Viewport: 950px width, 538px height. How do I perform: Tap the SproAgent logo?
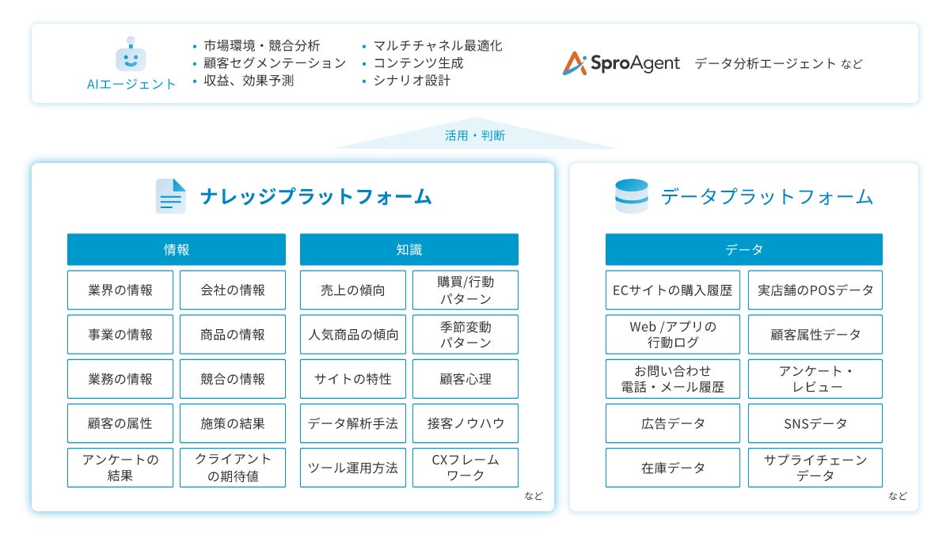point(621,63)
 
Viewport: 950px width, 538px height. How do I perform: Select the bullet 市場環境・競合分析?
point(261,46)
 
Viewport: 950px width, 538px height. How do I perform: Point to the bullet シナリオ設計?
point(412,81)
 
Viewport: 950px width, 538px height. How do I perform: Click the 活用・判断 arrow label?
point(475,136)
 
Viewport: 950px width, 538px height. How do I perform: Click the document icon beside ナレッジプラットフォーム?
point(171,196)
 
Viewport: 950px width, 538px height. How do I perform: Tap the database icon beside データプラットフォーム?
point(631,196)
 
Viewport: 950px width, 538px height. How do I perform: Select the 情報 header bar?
point(176,249)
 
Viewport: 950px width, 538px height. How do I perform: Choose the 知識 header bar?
point(408,249)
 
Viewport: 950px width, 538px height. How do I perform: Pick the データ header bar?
point(743,249)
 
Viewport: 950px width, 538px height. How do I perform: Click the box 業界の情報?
point(120,290)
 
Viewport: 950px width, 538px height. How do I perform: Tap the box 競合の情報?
point(233,379)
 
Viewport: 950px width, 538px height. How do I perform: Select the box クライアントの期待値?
point(233,468)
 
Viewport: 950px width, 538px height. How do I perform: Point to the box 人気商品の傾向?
point(353,335)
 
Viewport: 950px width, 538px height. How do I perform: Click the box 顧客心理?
point(465,379)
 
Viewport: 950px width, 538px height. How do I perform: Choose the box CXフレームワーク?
point(465,468)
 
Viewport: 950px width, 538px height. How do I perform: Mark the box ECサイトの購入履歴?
point(673,290)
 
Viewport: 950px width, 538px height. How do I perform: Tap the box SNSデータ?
point(815,423)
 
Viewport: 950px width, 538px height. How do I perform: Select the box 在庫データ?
point(673,468)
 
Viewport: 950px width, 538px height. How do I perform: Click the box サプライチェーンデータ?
point(815,468)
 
